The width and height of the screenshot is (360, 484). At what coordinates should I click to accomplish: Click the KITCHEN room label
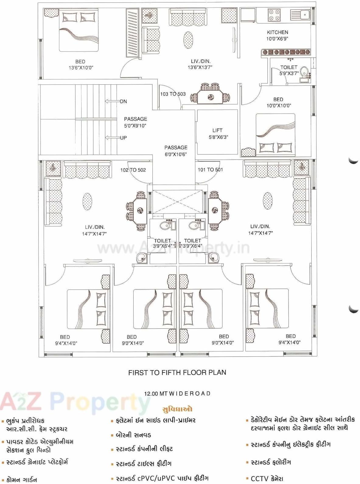pos(277,32)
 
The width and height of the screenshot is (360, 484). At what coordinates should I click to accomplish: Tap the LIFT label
pos(217,130)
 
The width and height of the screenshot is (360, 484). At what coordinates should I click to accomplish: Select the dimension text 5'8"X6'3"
pos(218,137)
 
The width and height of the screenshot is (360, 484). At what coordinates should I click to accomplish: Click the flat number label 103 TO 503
pos(173,94)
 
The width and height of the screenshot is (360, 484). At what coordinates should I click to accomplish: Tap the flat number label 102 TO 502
pos(133,170)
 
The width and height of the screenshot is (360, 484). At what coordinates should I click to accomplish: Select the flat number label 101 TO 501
pos(210,170)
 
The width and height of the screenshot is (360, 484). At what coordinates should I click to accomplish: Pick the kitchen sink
pos(300,15)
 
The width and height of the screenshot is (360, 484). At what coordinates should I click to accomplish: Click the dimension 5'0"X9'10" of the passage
pos(135,125)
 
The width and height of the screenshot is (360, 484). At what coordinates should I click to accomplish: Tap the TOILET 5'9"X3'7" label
pos(289,70)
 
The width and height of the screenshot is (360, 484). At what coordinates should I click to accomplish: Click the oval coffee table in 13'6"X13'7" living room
pos(188,40)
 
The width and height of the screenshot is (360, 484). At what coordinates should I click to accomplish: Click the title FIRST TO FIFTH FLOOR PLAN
pos(177,373)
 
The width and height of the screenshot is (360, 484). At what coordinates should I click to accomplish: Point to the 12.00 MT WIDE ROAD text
pos(177,394)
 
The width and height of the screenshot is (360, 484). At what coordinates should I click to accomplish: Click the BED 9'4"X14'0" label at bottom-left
pos(65,340)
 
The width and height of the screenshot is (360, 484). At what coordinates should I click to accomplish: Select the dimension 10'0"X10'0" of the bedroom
pos(278,106)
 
